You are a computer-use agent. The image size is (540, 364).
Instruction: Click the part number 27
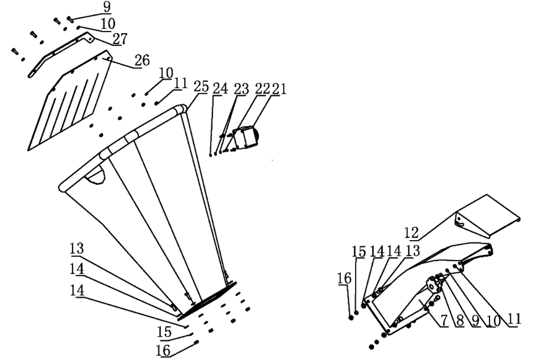click(120, 39)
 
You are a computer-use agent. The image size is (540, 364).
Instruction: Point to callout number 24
click(221, 88)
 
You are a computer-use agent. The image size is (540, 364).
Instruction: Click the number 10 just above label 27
click(108, 23)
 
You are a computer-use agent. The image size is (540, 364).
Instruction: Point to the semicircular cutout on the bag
click(97, 175)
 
